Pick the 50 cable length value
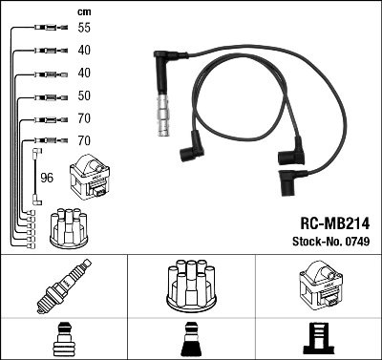point(85,96)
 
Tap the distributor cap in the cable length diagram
point(69,226)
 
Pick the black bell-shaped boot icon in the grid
point(191,339)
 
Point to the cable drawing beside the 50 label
point(46,96)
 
